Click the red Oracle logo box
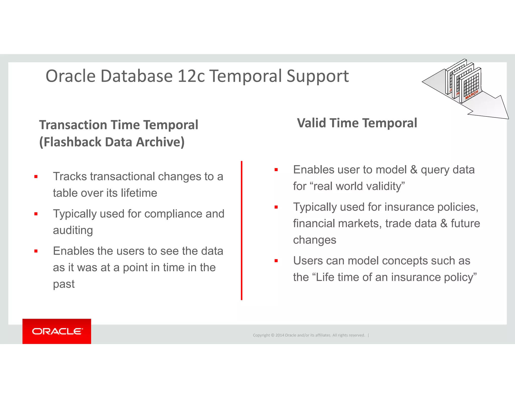pos(57,331)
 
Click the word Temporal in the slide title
pos(245,76)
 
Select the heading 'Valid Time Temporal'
pos(357,123)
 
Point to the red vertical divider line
pos(241,230)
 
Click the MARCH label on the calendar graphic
pos(471,95)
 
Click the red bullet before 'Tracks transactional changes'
pos(36,177)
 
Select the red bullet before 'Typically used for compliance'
pos(36,214)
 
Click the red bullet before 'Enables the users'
pos(36,251)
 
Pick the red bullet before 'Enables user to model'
pos(276,170)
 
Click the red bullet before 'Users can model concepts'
pos(276,261)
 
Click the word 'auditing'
pos(73,230)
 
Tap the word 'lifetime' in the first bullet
pos(139,193)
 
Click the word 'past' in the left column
pos(64,284)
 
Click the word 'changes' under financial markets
pos(314,240)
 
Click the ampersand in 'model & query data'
pos(414,170)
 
